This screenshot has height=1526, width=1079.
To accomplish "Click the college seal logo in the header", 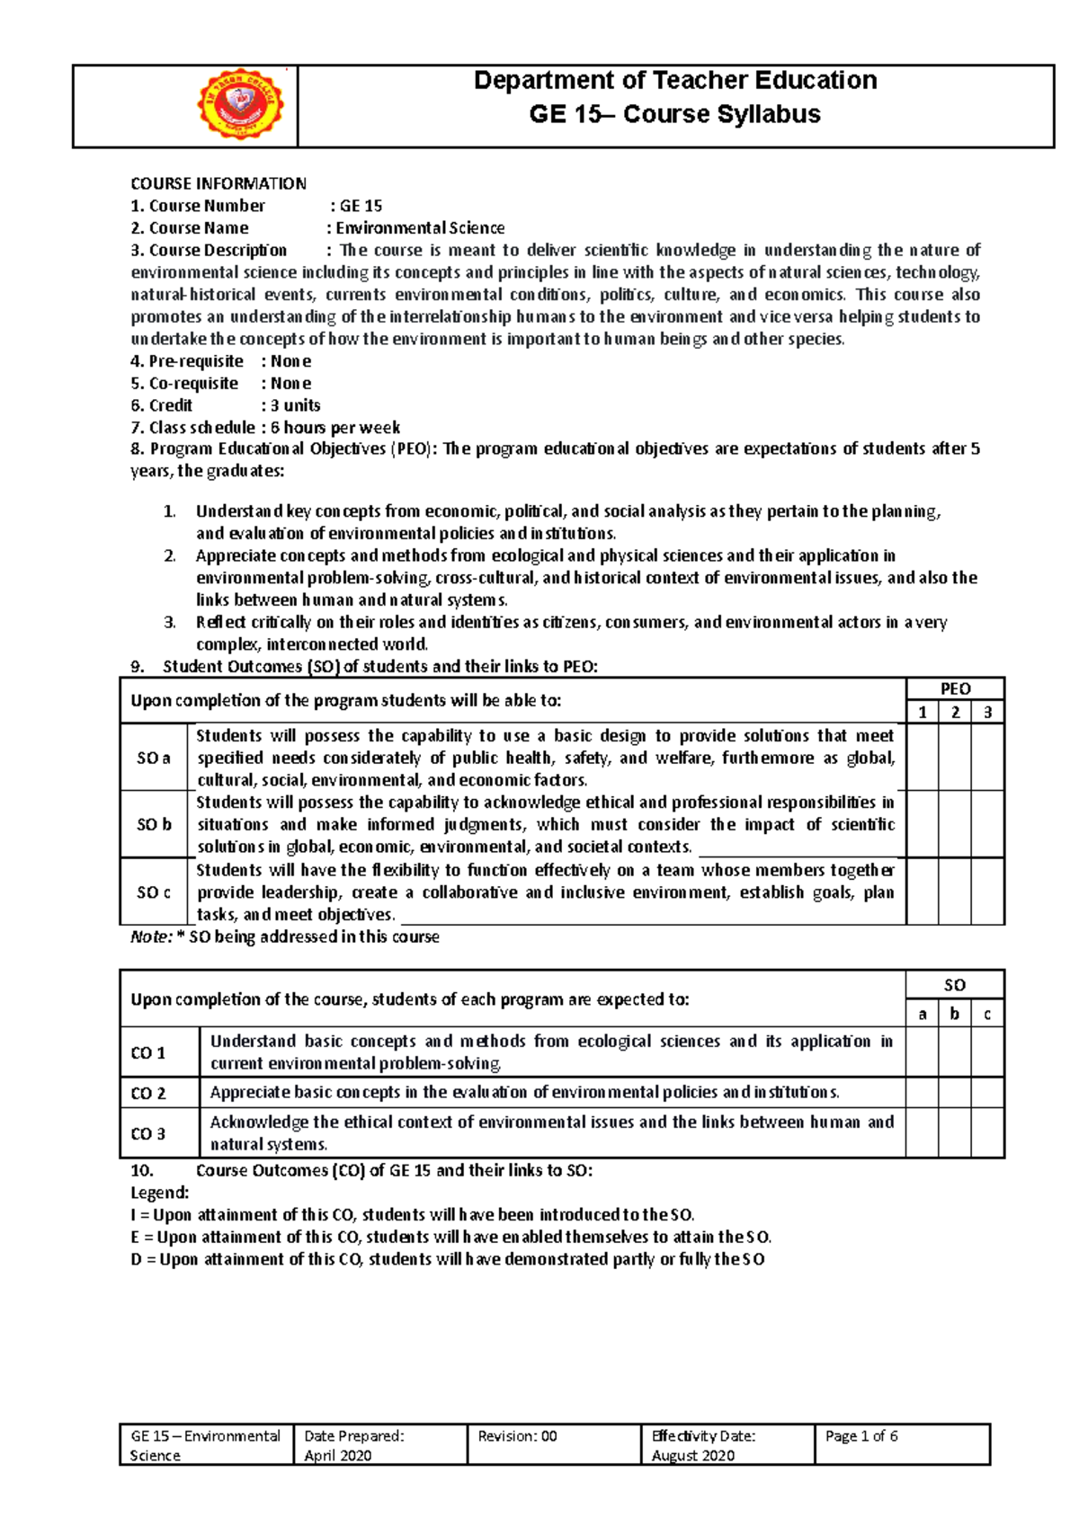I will click(x=240, y=106).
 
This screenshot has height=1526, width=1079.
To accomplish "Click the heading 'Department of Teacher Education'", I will click(x=674, y=81).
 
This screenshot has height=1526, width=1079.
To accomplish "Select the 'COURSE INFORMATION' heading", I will click(x=218, y=183).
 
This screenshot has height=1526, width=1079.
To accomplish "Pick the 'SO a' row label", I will click(x=154, y=758).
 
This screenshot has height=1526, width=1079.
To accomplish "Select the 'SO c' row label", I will click(x=154, y=892).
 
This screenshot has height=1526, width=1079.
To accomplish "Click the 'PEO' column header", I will click(x=955, y=689).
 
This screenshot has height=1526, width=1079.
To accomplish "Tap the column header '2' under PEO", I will click(x=955, y=713).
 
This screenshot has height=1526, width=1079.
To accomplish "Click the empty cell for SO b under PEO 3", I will click(x=987, y=824).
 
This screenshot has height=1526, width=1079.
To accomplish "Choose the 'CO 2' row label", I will click(x=148, y=1094).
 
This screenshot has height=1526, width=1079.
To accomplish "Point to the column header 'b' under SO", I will click(x=954, y=1014).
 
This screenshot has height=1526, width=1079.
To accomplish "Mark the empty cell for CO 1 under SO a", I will click(x=922, y=1052).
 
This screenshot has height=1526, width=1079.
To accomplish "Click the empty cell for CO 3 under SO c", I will click(x=987, y=1133).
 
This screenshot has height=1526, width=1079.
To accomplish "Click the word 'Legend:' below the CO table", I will click(x=160, y=1193).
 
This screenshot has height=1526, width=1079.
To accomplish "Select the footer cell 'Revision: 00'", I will click(x=518, y=1436).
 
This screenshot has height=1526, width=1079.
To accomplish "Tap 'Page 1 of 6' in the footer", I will click(x=861, y=1436).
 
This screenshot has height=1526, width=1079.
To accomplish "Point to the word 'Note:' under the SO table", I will click(x=151, y=936).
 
